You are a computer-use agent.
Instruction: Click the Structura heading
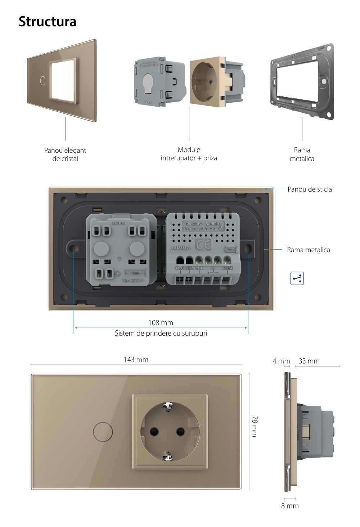point(48,22)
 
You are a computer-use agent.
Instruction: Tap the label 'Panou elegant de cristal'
point(65,155)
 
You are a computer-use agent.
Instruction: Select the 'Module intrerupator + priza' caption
point(189,154)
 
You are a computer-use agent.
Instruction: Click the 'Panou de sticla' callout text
point(310,189)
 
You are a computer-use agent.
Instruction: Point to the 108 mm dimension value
point(161,323)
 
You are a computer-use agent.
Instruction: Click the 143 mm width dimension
point(136,359)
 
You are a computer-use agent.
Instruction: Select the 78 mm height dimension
point(255,426)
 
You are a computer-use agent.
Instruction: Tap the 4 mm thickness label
point(281,361)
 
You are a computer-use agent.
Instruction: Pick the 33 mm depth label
point(309,361)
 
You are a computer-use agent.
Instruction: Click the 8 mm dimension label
point(290,506)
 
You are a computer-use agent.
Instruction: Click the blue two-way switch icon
point(297,278)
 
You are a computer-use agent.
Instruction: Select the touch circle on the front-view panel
point(103,431)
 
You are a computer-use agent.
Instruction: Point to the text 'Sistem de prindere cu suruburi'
point(161,333)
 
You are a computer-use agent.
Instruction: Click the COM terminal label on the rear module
point(228,268)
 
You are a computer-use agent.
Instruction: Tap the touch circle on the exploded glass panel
point(43,80)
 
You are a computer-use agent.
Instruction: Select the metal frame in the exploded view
point(302,81)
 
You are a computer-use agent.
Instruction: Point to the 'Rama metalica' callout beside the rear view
point(308,250)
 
